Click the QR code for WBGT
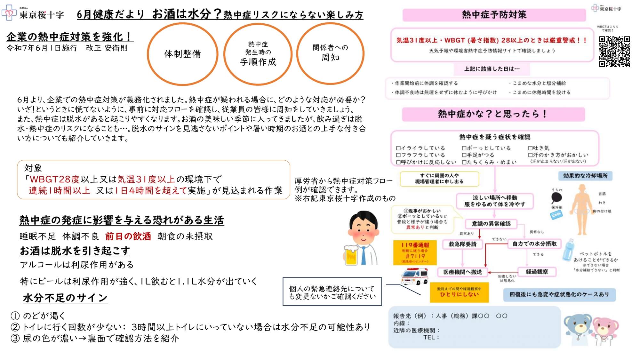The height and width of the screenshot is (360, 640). [x=614, y=52]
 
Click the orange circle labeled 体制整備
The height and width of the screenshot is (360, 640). [x=182, y=54]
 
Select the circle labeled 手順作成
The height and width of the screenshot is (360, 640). [x=258, y=54]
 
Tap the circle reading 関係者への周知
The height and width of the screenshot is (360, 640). [x=330, y=53]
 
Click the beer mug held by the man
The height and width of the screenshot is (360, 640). [x=351, y=255]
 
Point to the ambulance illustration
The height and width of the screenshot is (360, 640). [x=415, y=276]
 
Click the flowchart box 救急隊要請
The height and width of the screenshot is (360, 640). [x=462, y=244]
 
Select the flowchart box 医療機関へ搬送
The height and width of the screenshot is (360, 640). [x=462, y=272]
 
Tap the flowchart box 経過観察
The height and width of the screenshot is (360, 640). [x=537, y=272]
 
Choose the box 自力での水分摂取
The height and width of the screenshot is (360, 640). [x=534, y=244]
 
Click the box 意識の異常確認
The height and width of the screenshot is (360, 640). [x=491, y=224]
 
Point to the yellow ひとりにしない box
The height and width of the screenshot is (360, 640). [x=459, y=292]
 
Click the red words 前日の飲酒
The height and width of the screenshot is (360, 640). [x=128, y=236]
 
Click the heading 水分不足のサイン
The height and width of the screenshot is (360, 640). [x=65, y=298]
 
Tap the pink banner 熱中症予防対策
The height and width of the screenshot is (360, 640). [x=494, y=15]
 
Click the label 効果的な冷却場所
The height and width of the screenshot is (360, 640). [x=585, y=176]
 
